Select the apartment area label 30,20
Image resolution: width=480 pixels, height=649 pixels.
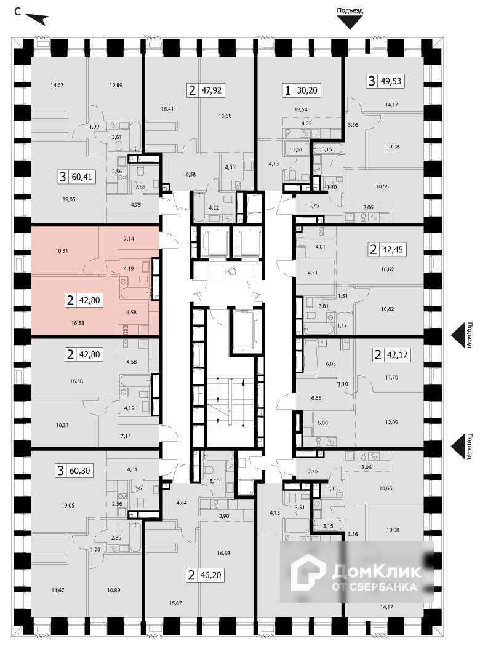(308, 91)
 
